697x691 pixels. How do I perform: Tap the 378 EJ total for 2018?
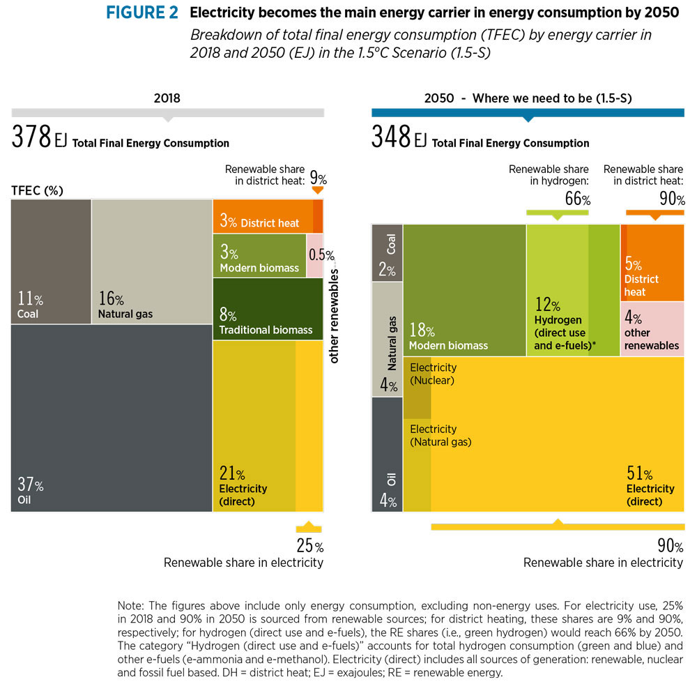(x=39, y=138)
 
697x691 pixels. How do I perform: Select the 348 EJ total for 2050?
(x=399, y=138)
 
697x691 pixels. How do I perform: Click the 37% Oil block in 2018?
(x=112, y=418)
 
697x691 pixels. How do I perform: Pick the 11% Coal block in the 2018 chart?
(x=51, y=261)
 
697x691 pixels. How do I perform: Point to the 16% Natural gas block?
(x=151, y=261)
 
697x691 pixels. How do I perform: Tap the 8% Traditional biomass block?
(x=268, y=308)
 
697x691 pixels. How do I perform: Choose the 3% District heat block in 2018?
(x=262, y=216)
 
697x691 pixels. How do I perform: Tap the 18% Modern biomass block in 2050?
(x=464, y=289)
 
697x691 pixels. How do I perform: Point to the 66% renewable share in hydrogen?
(x=577, y=199)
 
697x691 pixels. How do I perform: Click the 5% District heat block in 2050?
(x=652, y=263)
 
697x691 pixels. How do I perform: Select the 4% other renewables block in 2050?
(x=652, y=329)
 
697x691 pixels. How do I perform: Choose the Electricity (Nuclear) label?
(x=433, y=374)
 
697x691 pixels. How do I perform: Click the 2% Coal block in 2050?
(x=388, y=252)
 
